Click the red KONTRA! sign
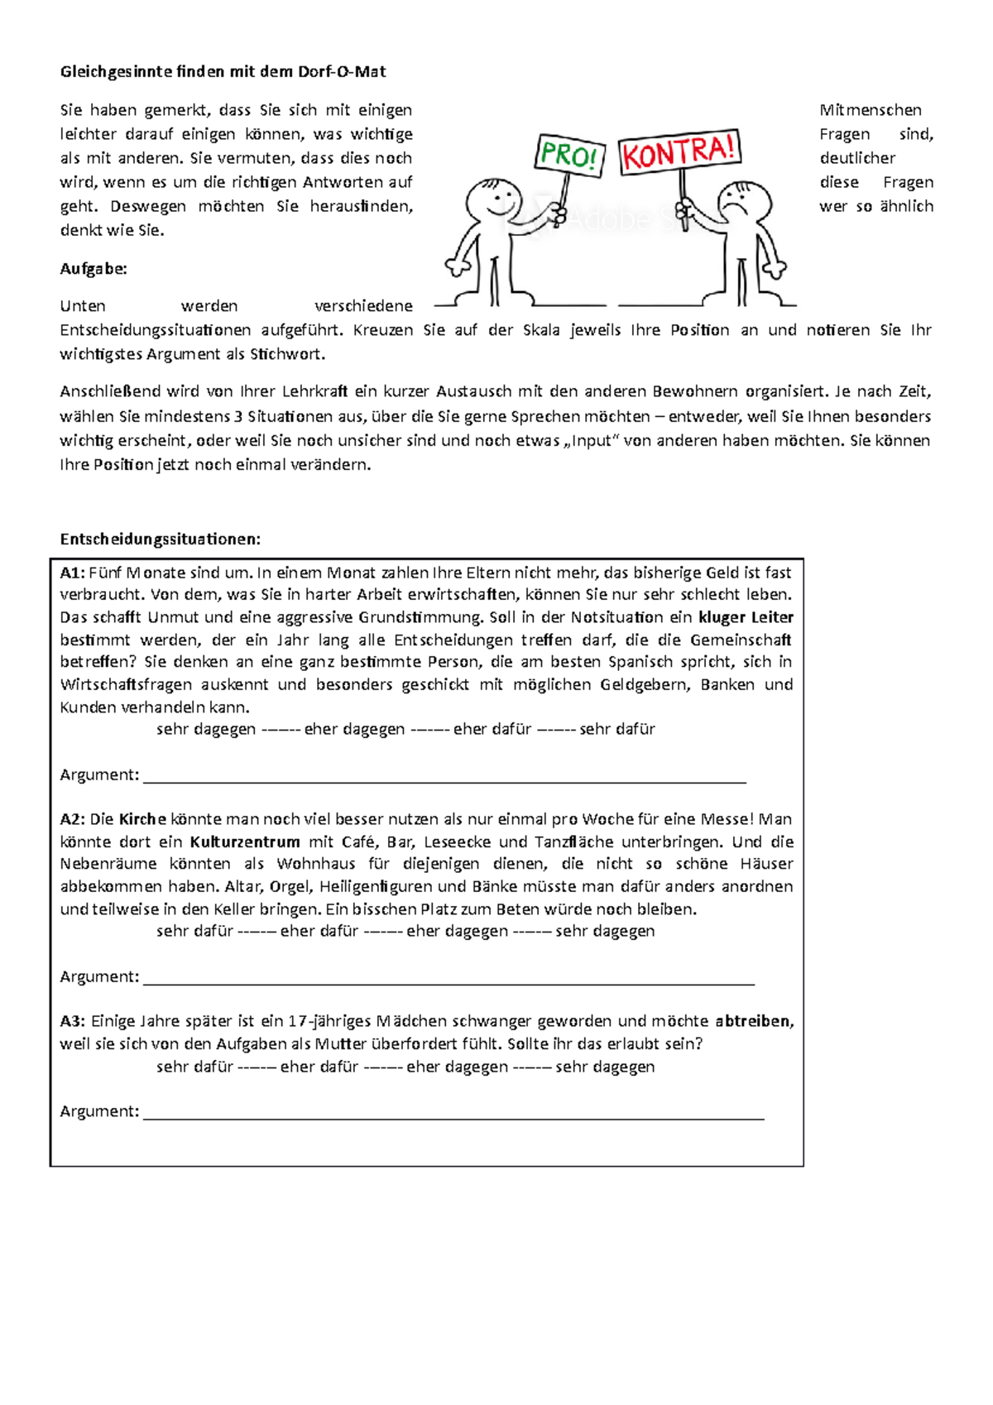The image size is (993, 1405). click(679, 151)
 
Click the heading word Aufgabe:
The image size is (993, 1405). click(94, 268)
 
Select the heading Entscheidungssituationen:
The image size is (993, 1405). click(160, 539)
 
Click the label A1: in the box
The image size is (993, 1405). click(72, 573)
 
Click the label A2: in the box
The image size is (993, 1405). click(72, 819)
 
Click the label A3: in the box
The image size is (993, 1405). click(72, 1021)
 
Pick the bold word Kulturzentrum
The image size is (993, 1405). click(245, 842)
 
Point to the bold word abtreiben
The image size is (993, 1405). click(752, 1021)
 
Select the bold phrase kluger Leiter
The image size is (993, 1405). click(746, 617)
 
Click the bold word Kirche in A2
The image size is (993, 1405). click(142, 819)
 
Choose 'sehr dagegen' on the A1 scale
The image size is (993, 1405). click(205, 729)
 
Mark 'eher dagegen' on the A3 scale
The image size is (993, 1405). click(457, 1067)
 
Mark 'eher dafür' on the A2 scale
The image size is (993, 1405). click(319, 931)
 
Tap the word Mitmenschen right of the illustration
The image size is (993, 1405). click(870, 110)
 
